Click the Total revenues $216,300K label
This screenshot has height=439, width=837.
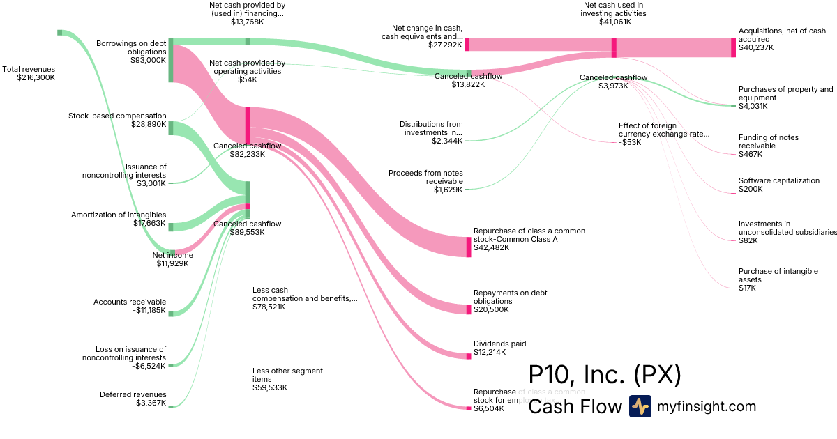click(x=29, y=73)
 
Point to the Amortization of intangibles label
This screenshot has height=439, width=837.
click(x=119, y=219)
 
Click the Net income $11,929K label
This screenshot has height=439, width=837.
click(x=172, y=259)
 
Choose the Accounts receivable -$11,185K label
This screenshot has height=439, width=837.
click(x=130, y=306)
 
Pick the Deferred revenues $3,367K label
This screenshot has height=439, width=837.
click(x=133, y=399)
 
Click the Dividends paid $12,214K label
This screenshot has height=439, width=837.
click(x=499, y=348)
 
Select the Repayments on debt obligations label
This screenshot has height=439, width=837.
click(x=510, y=297)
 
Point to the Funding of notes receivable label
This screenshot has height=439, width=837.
click(x=769, y=145)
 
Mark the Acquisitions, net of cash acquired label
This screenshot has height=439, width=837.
click(x=782, y=39)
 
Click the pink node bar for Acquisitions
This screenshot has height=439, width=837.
click(x=733, y=47)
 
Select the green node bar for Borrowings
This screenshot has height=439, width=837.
click(x=170, y=60)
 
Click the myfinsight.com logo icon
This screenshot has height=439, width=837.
click(x=640, y=406)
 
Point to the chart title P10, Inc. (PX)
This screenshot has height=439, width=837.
click(x=605, y=376)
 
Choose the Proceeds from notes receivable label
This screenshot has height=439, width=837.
click(x=425, y=180)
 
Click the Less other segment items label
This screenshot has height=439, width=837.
click(x=287, y=379)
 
